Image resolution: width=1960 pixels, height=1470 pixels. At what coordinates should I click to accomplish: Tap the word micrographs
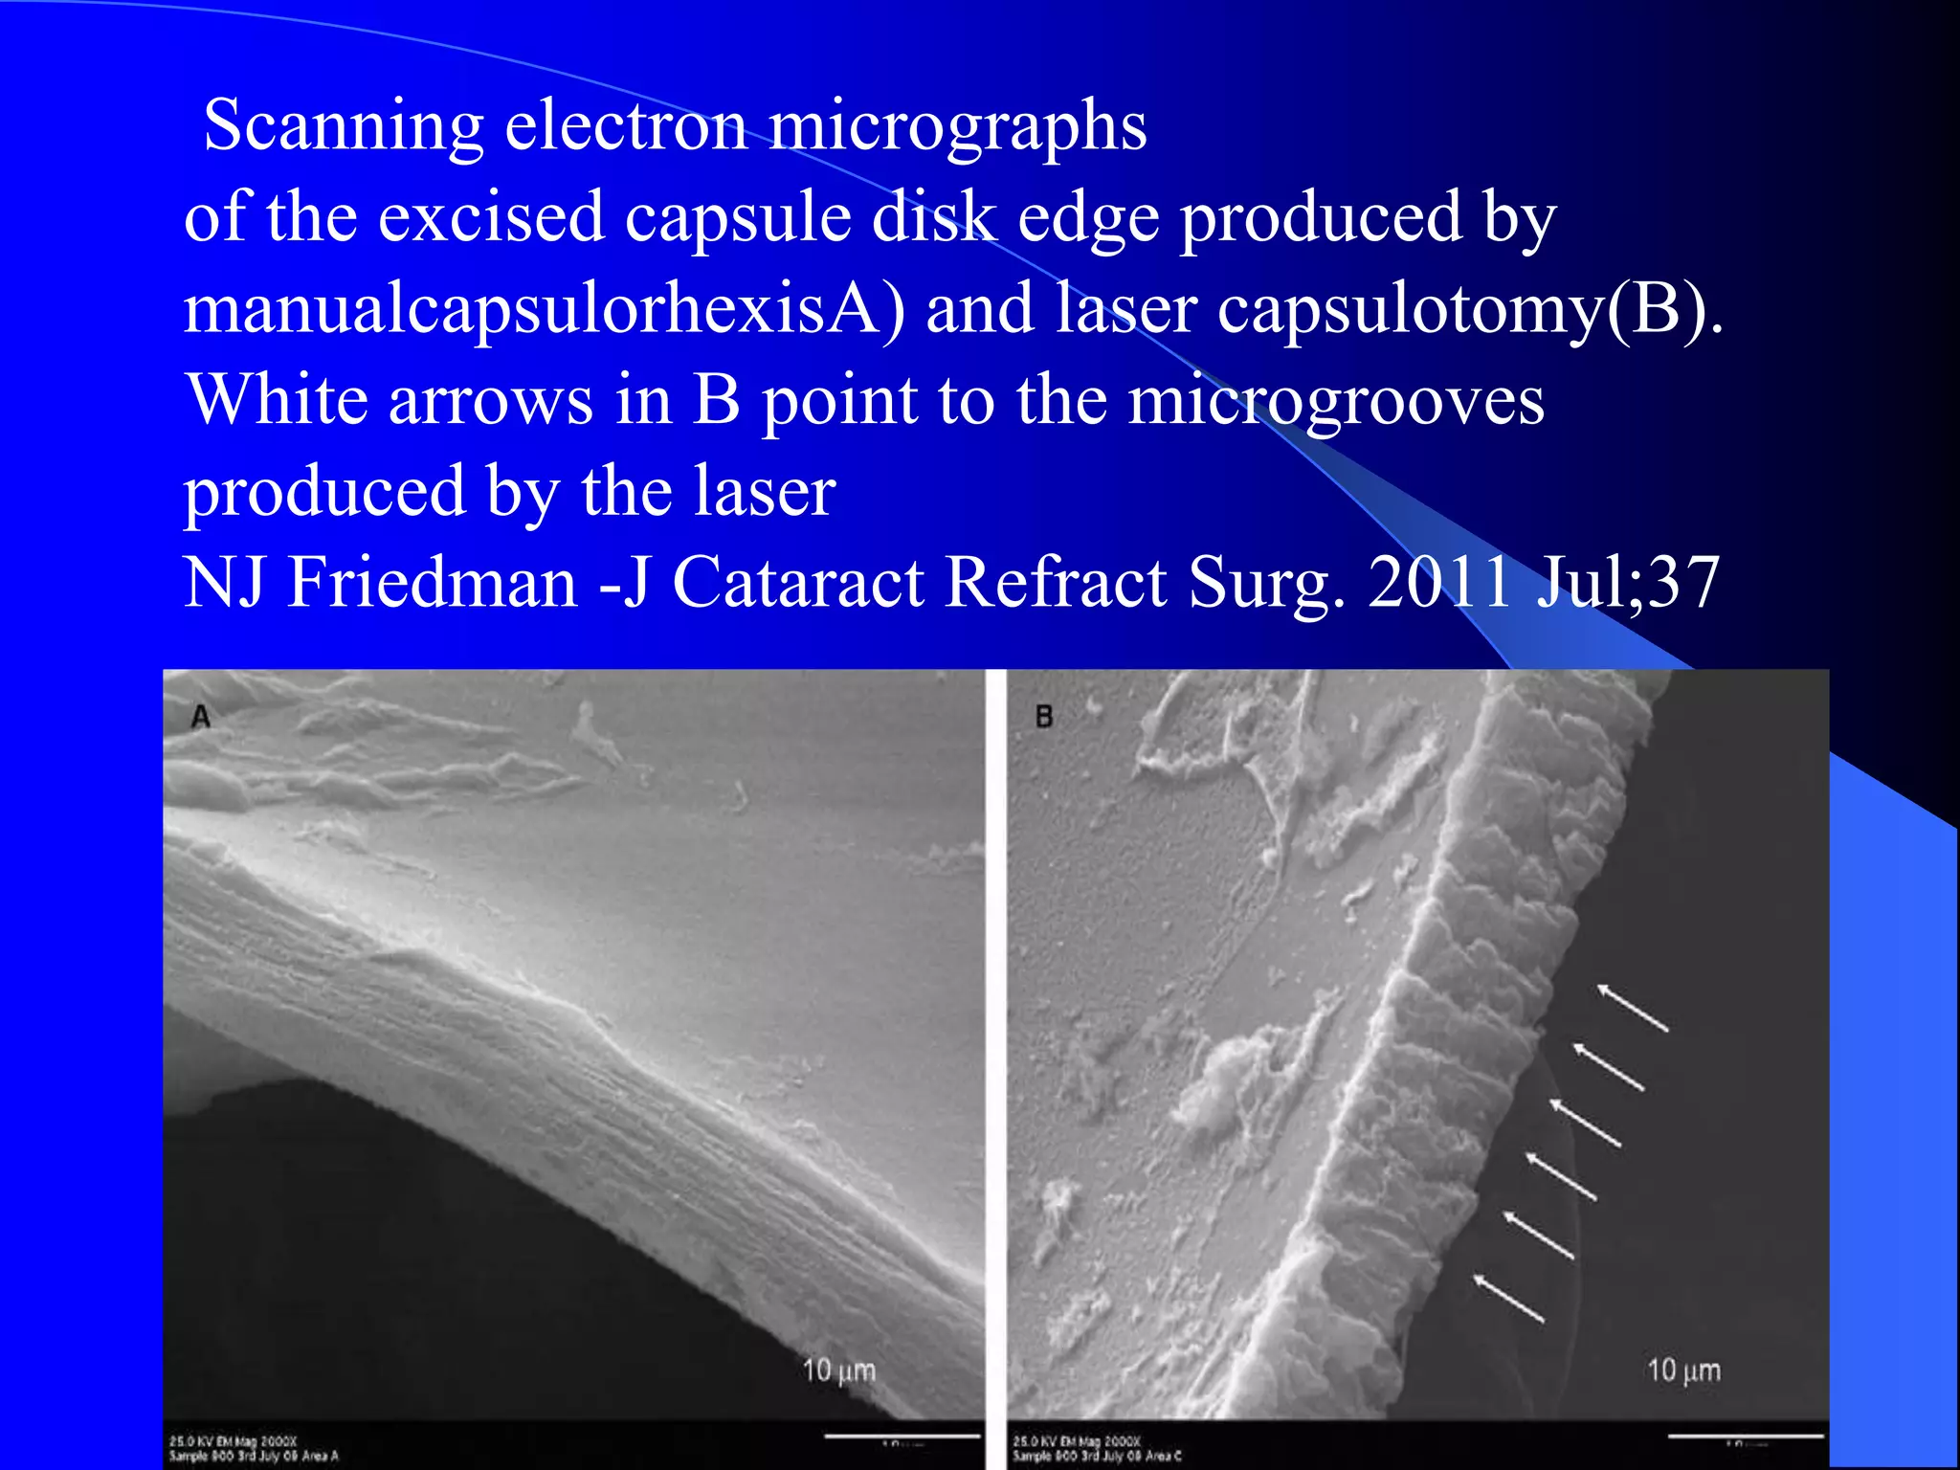pos(957,127)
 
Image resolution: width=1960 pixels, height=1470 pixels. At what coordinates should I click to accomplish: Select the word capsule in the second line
pos(738,217)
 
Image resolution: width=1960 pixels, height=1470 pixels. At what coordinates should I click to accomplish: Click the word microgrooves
pos(1336,400)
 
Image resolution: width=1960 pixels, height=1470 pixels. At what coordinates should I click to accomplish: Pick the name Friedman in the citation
pos(433,582)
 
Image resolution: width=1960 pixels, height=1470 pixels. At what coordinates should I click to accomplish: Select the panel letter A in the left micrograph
pos(200,716)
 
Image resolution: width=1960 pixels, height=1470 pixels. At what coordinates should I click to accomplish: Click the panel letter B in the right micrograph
pos(1044,716)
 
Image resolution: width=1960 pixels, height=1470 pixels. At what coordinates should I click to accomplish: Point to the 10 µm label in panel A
pos(839,1370)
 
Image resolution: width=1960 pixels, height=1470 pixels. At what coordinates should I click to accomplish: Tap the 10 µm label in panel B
pos(1683,1370)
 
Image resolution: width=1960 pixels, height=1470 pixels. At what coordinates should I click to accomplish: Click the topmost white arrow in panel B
pos(1634,1009)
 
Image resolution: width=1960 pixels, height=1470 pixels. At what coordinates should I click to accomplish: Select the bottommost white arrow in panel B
pos(1509,1299)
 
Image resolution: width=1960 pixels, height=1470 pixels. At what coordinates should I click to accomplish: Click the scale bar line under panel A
pos(902,1436)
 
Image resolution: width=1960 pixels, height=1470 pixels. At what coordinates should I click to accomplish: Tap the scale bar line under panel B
pos(1746,1436)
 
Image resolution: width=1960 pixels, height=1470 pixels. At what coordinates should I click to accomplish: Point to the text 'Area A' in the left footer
pos(321,1457)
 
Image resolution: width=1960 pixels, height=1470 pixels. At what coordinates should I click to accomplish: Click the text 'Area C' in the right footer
pos(1165,1457)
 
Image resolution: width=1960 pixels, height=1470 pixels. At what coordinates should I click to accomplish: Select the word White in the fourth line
pos(278,400)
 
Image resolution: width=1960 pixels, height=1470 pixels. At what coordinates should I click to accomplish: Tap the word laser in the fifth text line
pos(765,492)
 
